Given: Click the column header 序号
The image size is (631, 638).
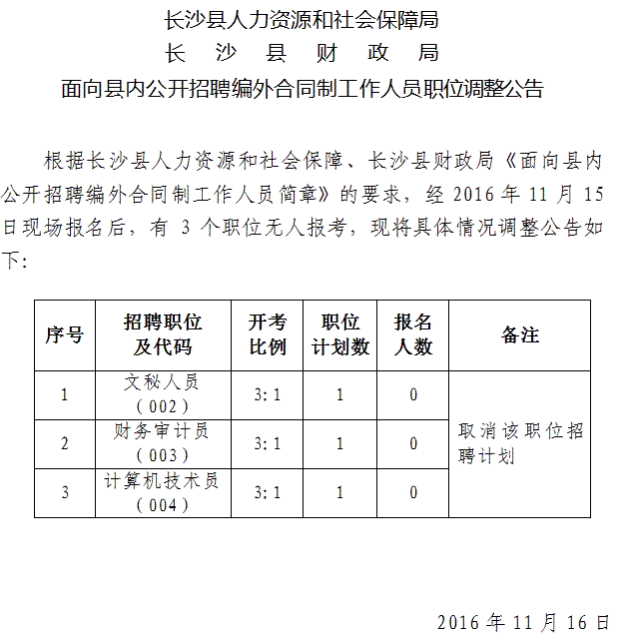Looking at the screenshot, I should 64,334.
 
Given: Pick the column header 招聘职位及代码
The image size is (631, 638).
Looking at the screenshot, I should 163,334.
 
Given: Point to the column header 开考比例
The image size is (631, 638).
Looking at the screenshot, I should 267,334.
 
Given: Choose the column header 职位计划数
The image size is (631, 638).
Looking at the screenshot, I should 340,334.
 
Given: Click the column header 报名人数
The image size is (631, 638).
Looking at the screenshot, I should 413,334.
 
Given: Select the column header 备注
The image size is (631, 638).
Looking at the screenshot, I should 520,334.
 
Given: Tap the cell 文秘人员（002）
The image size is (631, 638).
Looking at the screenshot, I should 163,394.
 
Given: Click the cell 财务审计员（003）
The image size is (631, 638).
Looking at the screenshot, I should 163,443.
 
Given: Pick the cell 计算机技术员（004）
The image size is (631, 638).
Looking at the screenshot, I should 163,492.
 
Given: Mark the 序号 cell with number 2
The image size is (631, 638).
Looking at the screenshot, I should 65,443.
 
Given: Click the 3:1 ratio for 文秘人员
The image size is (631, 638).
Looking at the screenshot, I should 267,394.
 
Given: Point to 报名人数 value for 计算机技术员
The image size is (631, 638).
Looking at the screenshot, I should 413,492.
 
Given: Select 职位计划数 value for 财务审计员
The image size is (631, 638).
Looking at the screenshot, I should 340,443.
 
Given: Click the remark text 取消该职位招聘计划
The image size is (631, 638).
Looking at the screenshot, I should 520,443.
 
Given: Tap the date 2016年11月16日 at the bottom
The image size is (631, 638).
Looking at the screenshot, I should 522,622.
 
